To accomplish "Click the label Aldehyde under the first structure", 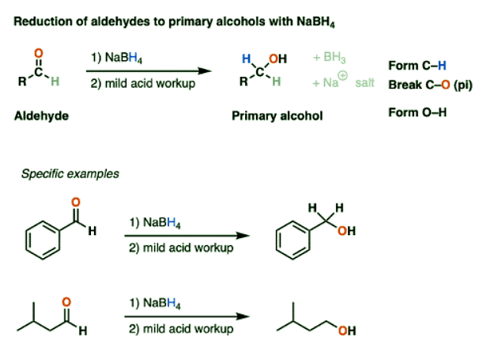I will coord(41,116).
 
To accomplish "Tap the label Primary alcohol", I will coord(277,116).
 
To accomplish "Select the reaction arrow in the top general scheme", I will coord(151,70).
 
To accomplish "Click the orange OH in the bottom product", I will coord(346,332).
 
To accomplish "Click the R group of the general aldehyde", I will coord(21,81).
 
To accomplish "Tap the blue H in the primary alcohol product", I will coord(246,58).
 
